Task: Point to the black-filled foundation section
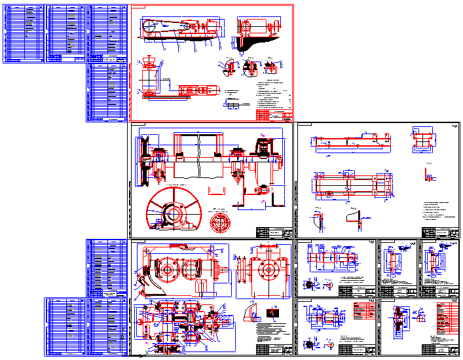(x=246, y=44)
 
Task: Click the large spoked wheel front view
(x=171, y=212)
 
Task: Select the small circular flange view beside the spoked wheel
(x=221, y=223)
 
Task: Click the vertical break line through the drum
(x=196, y=157)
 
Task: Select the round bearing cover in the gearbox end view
(x=269, y=268)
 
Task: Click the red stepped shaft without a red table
(x=327, y=259)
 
